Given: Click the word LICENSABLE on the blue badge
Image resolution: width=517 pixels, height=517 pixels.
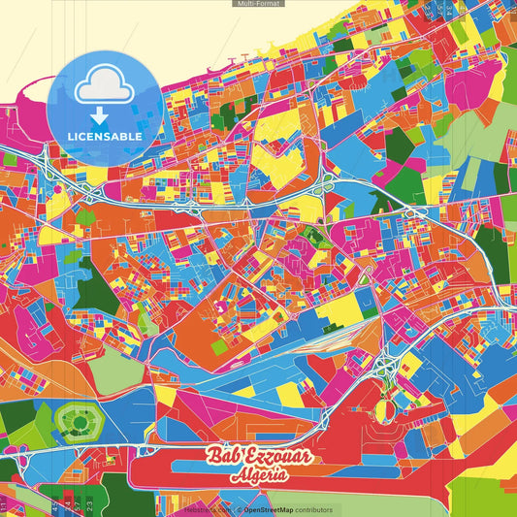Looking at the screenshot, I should (105, 137).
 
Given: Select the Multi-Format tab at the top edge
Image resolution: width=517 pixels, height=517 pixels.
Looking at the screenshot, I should (258, 4).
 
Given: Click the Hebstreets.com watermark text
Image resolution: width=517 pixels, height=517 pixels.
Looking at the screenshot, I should (206, 509).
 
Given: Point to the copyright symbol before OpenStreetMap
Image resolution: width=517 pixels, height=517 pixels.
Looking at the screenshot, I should (238, 509).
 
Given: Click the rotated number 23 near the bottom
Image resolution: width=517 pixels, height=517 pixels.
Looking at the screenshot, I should (89, 504).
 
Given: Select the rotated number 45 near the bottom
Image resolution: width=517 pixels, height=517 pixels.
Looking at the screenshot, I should (55, 504).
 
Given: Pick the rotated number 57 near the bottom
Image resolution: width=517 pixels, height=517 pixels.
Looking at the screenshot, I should (77, 504).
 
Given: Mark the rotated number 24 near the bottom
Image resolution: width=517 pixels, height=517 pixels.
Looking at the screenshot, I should (66, 504).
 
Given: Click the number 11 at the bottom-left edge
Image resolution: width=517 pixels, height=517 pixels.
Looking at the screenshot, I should (5, 507).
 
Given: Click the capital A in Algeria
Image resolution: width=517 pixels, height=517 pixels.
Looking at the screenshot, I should (236, 476).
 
